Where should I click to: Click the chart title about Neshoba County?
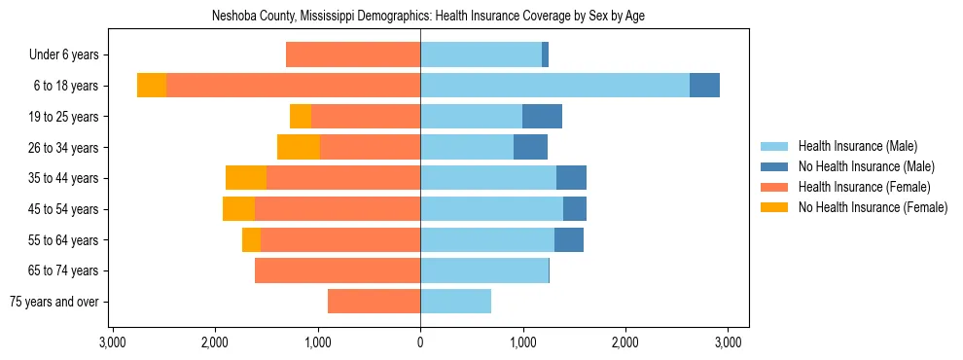point(428,16)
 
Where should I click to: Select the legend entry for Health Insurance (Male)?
point(856,146)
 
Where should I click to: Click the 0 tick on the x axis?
point(420,342)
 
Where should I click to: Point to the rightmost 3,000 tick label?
point(729,342)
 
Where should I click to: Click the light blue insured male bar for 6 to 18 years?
point(554,86)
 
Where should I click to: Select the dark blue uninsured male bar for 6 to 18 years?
point(704,86)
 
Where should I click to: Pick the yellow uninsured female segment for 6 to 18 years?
point(152,86)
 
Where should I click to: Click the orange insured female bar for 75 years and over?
point(374,302)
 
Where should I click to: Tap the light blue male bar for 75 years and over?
point(455,302)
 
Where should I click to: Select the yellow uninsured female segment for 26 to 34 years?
point(299,147)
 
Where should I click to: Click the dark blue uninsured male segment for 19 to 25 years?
point(542,117)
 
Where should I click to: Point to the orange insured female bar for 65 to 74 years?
point(338,270)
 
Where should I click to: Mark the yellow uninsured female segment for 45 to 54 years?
point(238,209)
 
